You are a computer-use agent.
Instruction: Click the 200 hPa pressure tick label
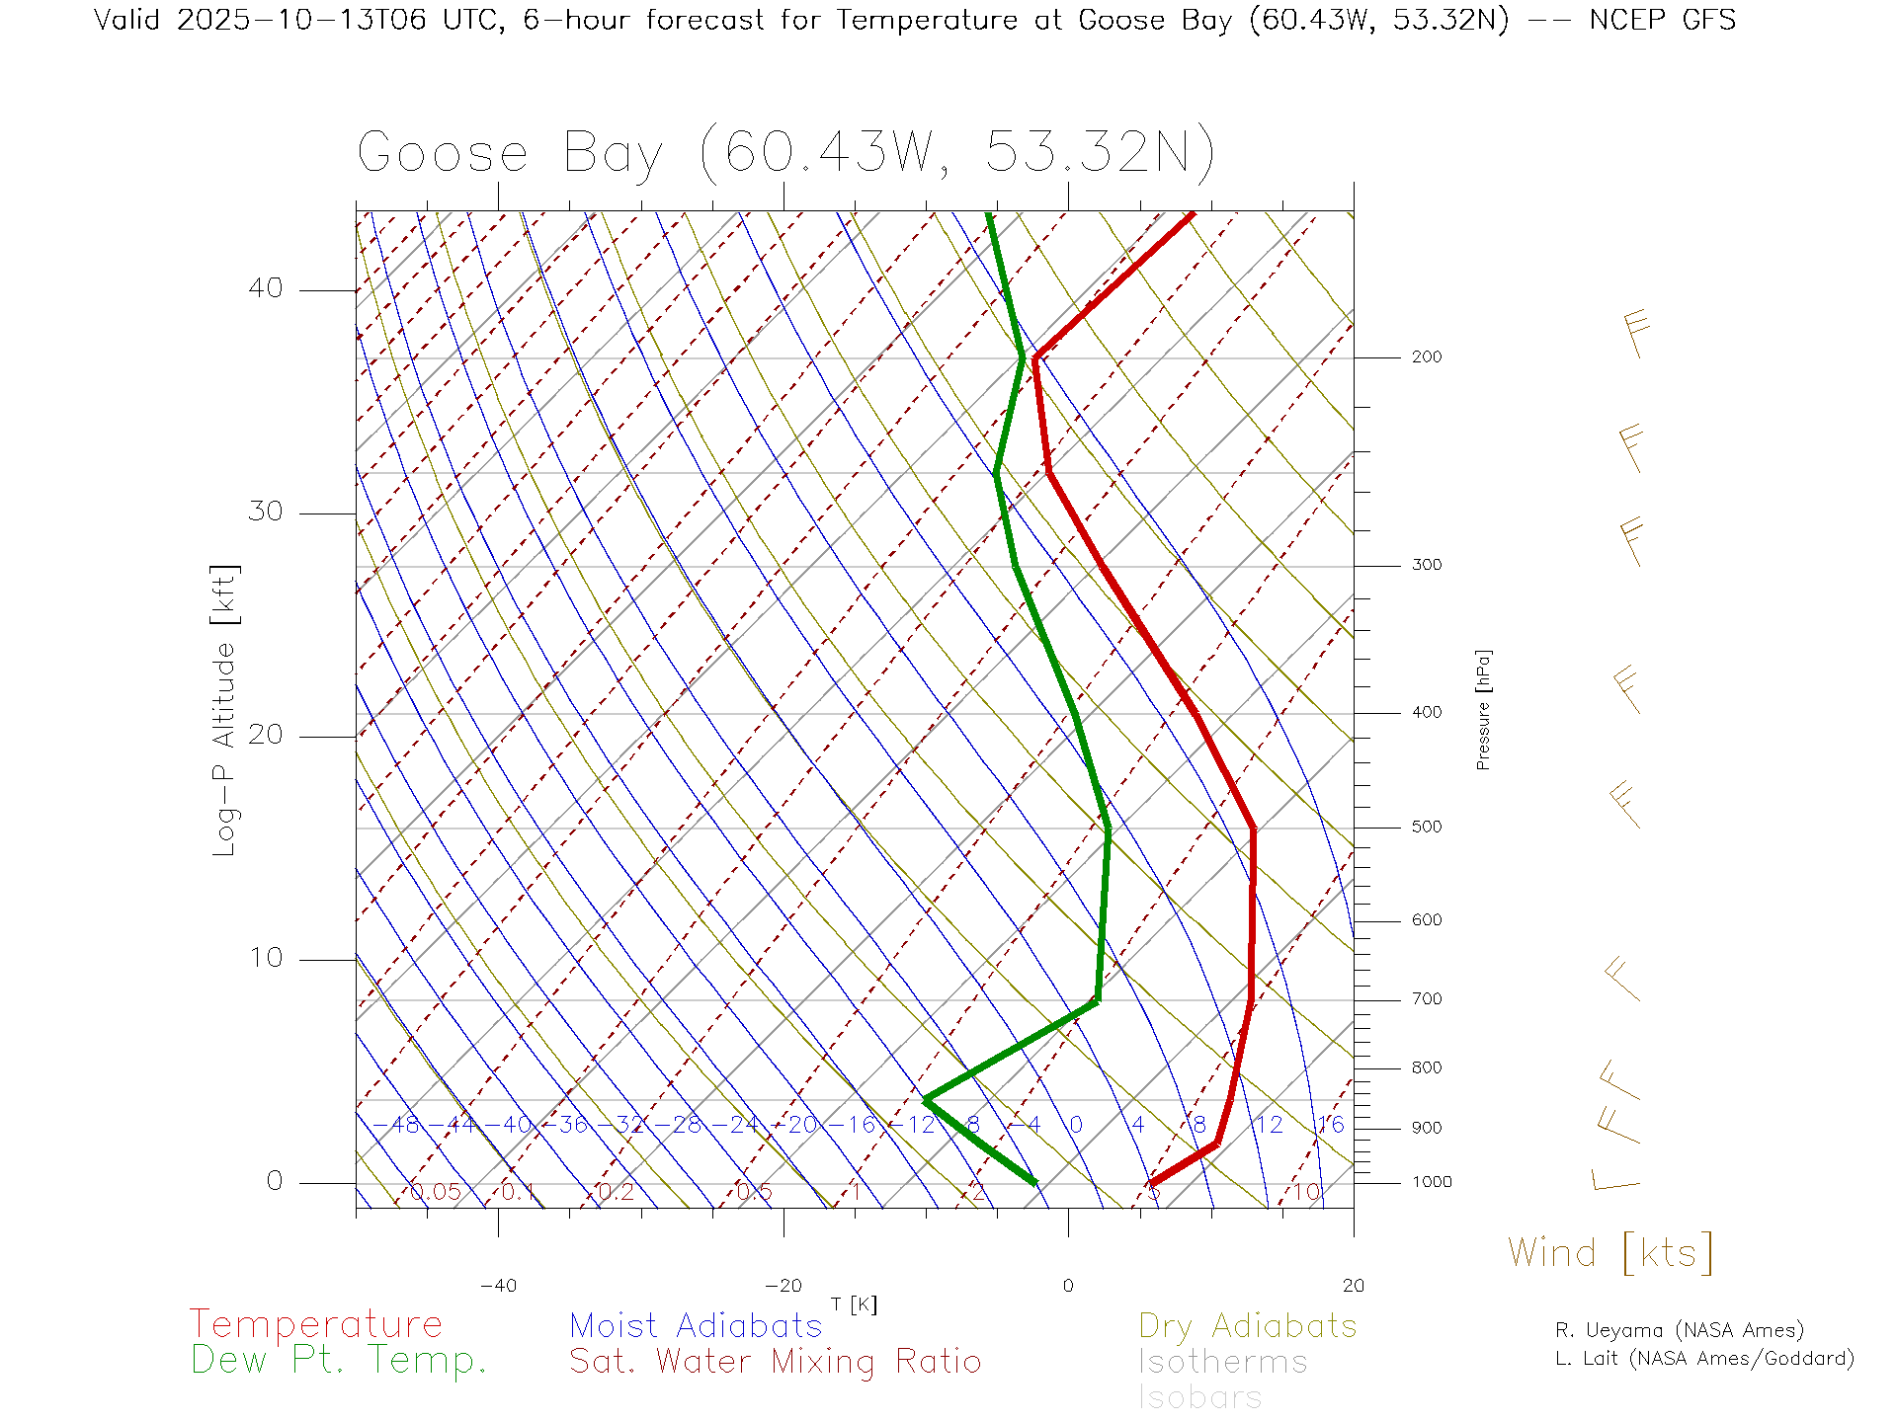coord(1426,357)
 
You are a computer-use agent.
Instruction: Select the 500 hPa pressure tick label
coord(1426,828)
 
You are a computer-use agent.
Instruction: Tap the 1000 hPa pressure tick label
coord(1431,1182)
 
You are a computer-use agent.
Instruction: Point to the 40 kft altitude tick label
coord(265,288)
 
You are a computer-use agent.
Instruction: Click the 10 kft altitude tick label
coord(265,958)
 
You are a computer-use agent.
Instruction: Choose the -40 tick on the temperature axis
coord(498,1286)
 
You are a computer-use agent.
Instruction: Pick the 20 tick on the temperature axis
coord(1353,1286)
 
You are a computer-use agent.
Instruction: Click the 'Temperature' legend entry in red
coord(316,1324)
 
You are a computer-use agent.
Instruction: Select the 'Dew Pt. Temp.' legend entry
coord(339,1361)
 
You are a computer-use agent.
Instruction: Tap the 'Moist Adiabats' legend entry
coord(696,1325)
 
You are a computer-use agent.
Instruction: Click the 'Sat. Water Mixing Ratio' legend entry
coord(775,1362)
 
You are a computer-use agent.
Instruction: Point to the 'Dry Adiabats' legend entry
coord(1248,1325)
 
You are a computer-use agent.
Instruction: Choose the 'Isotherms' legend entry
coord(1222,1362)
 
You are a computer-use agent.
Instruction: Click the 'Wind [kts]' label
coord(1609,1253)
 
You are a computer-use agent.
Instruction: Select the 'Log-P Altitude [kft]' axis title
coord(225,711)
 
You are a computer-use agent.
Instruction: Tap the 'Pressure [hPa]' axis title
coord(1483,709)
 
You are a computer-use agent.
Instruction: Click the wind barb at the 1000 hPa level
coord(1614,1180)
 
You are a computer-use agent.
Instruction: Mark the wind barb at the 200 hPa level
coord(1635,334)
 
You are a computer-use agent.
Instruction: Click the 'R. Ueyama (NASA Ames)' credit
coord(1679,1330)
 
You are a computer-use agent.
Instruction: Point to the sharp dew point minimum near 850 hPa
coord(926,1099)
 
